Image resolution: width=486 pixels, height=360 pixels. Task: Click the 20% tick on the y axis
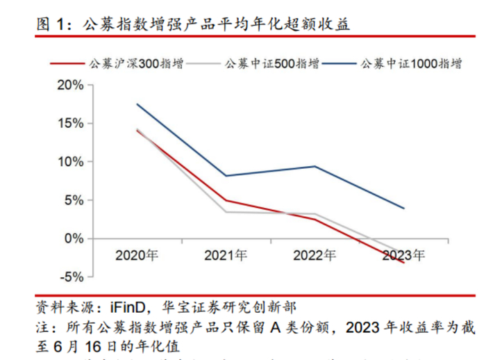(69, 85)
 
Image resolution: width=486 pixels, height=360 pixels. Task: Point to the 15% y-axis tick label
(69, 123)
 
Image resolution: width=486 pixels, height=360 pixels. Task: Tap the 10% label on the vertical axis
(69, 161)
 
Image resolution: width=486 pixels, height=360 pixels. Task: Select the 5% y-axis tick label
(74, 200)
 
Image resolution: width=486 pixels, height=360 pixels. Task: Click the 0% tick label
(74, 238)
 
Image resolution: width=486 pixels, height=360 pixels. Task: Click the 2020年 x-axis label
(137, 255)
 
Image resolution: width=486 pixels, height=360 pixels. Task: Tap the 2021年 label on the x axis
(226, 255)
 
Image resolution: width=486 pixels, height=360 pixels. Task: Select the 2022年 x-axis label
(315, 255)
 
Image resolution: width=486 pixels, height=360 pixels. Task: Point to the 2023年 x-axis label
(403, 255)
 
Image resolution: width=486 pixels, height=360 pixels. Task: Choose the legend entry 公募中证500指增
(271, 64)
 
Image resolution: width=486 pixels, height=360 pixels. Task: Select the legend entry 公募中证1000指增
(410, 64)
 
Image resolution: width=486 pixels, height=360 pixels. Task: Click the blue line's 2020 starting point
(137, 104)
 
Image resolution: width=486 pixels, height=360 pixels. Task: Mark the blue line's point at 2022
(315, 166)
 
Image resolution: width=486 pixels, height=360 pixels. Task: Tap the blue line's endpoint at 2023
(403, 208)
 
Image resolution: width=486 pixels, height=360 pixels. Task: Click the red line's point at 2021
(226, 200)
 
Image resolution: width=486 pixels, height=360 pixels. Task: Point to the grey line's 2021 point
(226, 212)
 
